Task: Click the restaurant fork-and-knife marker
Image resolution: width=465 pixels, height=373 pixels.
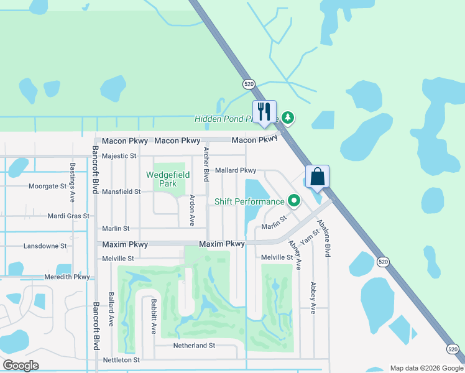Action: pyautogui.click(x=264, y=113)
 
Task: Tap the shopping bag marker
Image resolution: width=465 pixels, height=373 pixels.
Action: pyautogui.click(x=317, y=177)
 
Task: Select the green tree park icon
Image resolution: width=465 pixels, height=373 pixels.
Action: pyautogui.click(x=287, y=117)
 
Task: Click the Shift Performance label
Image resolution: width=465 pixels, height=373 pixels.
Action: pyautogui.click(x=249, y=201)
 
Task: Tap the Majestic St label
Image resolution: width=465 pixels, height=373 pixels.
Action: pyautogui.click(x=119, y=156)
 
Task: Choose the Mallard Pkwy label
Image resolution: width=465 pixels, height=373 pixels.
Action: pyautogui.click(x=236, y=170)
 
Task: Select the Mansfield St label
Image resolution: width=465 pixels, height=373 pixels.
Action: pyautogui.click(x=121, y=192)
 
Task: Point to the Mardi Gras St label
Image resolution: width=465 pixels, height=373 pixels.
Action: pyautogui.click(x=68, y=216)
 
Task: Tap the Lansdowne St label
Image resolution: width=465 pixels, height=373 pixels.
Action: pyautogui.click(x=45, y=246)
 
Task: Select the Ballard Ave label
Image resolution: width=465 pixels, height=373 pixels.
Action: pyautogui.click(x=111, y=310)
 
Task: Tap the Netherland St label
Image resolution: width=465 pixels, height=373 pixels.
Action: pyautogui.click(x=194, y=345)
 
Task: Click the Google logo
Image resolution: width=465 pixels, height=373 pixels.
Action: pyautogui.click(x=21, y=366)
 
